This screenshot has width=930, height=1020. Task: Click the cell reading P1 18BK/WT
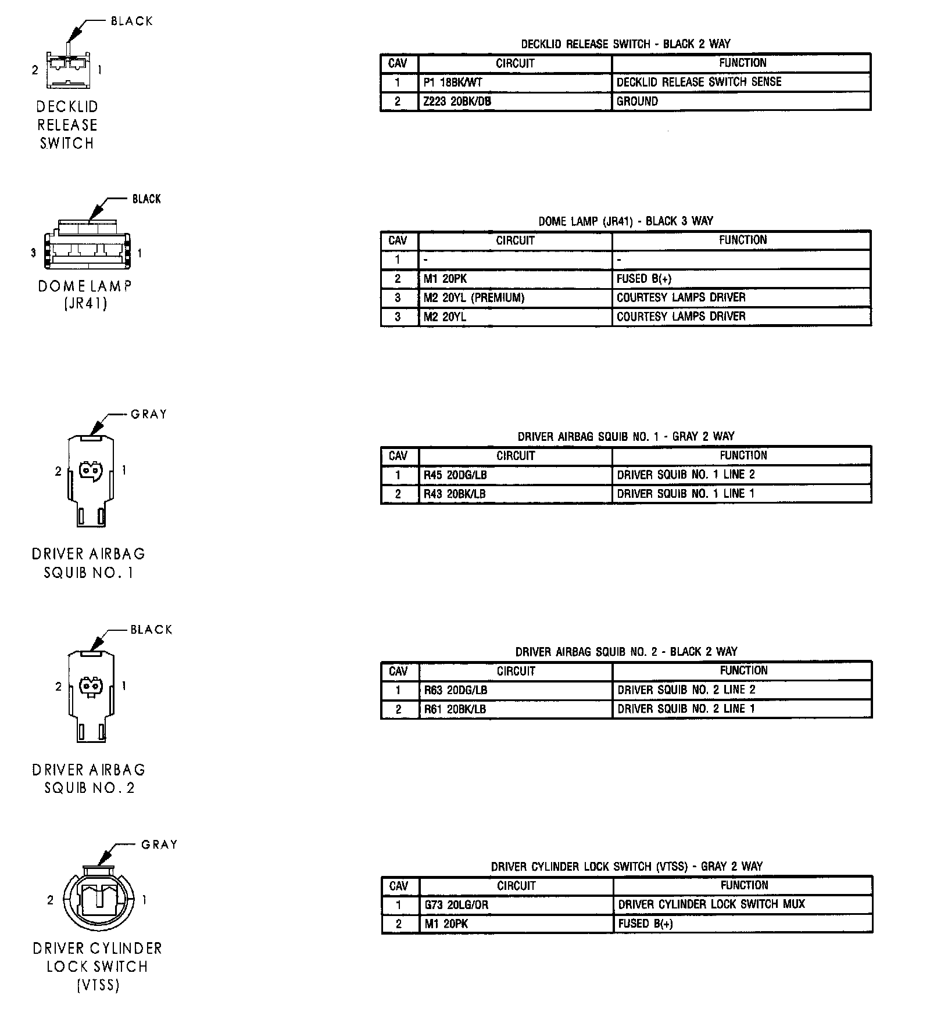point(514,82)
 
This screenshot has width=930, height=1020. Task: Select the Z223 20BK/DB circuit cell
point(514,102)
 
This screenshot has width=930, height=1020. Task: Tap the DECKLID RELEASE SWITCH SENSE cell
point(741,82)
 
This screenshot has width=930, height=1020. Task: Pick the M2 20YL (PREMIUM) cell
point(514,298)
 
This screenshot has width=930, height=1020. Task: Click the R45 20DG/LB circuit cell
point(514,475)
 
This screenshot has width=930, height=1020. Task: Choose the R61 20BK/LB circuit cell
point(514,709)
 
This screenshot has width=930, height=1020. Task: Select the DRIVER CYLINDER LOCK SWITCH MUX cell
point(743,904)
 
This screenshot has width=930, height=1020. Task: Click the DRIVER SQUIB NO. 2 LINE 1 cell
point(742,709)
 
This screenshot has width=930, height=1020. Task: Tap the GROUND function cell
point(741,102)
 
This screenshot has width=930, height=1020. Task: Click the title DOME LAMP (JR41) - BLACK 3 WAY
point(626,221)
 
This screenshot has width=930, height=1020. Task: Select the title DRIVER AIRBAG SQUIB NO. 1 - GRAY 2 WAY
point(626,436)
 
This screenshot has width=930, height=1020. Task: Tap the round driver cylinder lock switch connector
point(97,900)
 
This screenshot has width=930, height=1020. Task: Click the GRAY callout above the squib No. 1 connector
point(149,415)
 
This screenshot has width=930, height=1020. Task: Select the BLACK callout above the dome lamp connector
point(146,199)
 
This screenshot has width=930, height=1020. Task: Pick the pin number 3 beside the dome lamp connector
point(33,253)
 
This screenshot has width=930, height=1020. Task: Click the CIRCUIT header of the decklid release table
point(515,63)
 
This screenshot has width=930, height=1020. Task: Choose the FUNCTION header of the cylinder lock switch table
point(744,885)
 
